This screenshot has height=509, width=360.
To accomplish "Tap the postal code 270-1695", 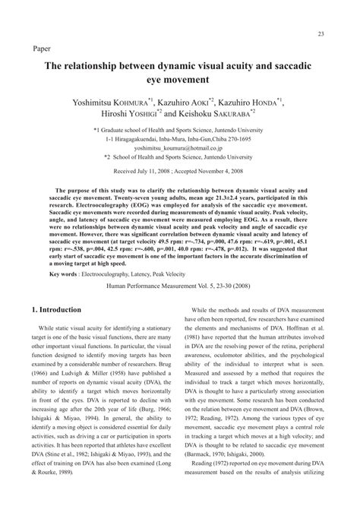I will pos(245,141).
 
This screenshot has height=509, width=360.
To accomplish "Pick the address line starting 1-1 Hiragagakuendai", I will pos(181,141).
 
